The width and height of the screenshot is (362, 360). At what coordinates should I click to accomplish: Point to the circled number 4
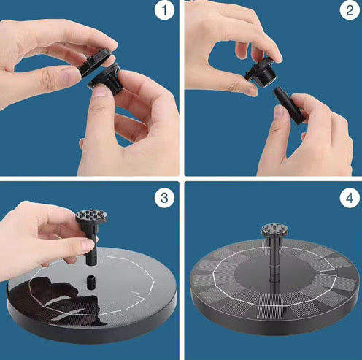pos(346,196)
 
